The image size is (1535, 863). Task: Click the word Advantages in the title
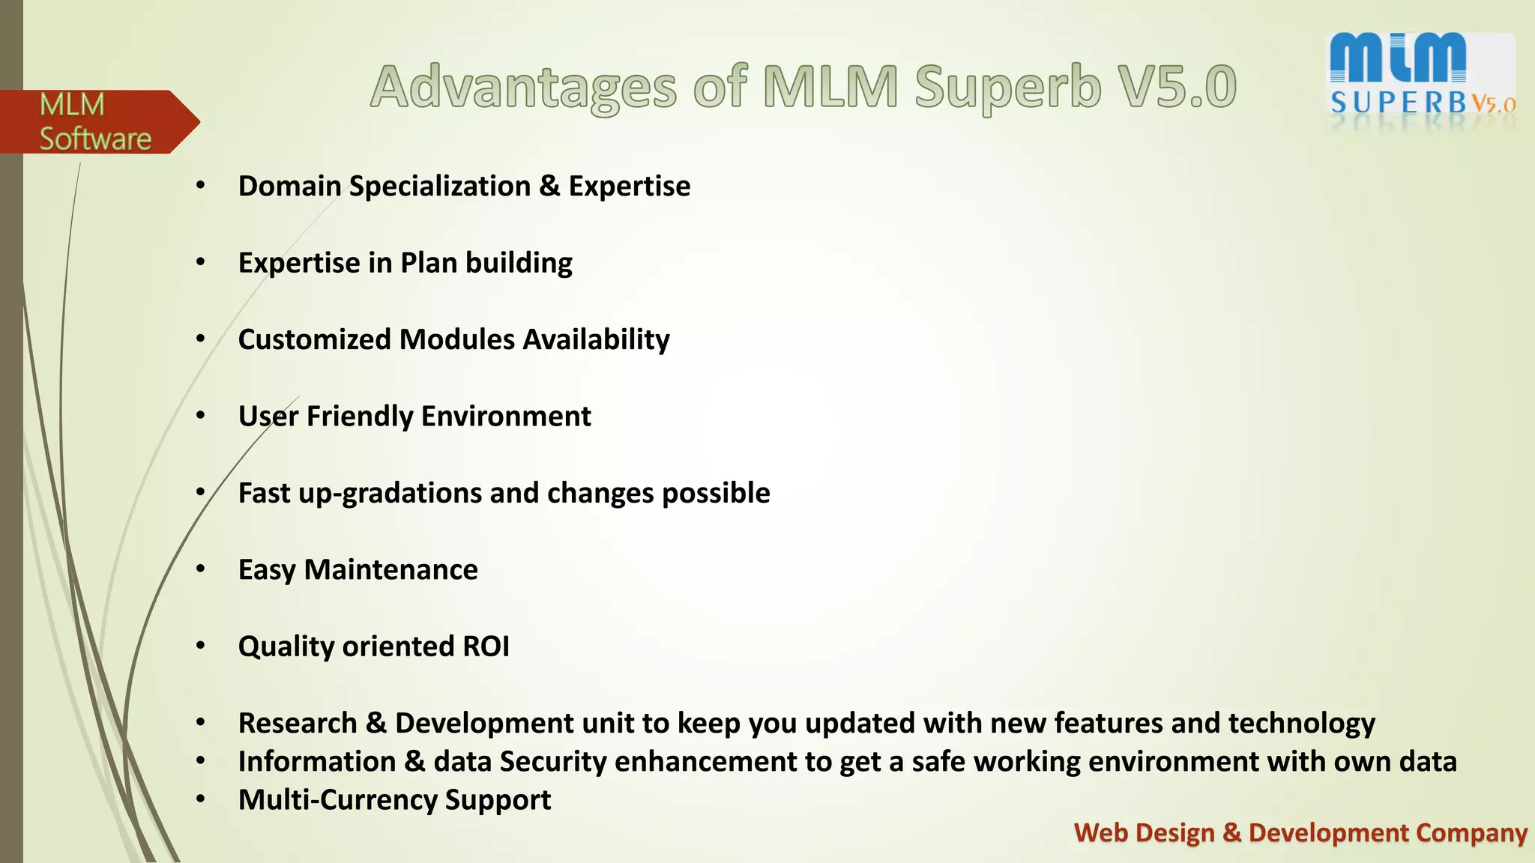point(523,88)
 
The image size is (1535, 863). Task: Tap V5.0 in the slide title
point(1175,86)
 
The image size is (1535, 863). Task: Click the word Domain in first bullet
point(289,186)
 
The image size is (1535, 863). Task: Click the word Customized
point(314,339)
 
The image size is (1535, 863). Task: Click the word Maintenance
point(390,570)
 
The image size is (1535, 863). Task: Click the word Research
point(298,724)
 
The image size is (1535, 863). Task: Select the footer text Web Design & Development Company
point(1300,833)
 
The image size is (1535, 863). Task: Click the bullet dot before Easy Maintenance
point(200,569)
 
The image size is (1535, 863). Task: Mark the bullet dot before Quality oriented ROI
point(200,646)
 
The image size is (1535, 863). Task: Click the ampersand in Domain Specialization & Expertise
point(549,186)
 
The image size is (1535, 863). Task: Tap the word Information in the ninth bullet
point(316,762)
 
